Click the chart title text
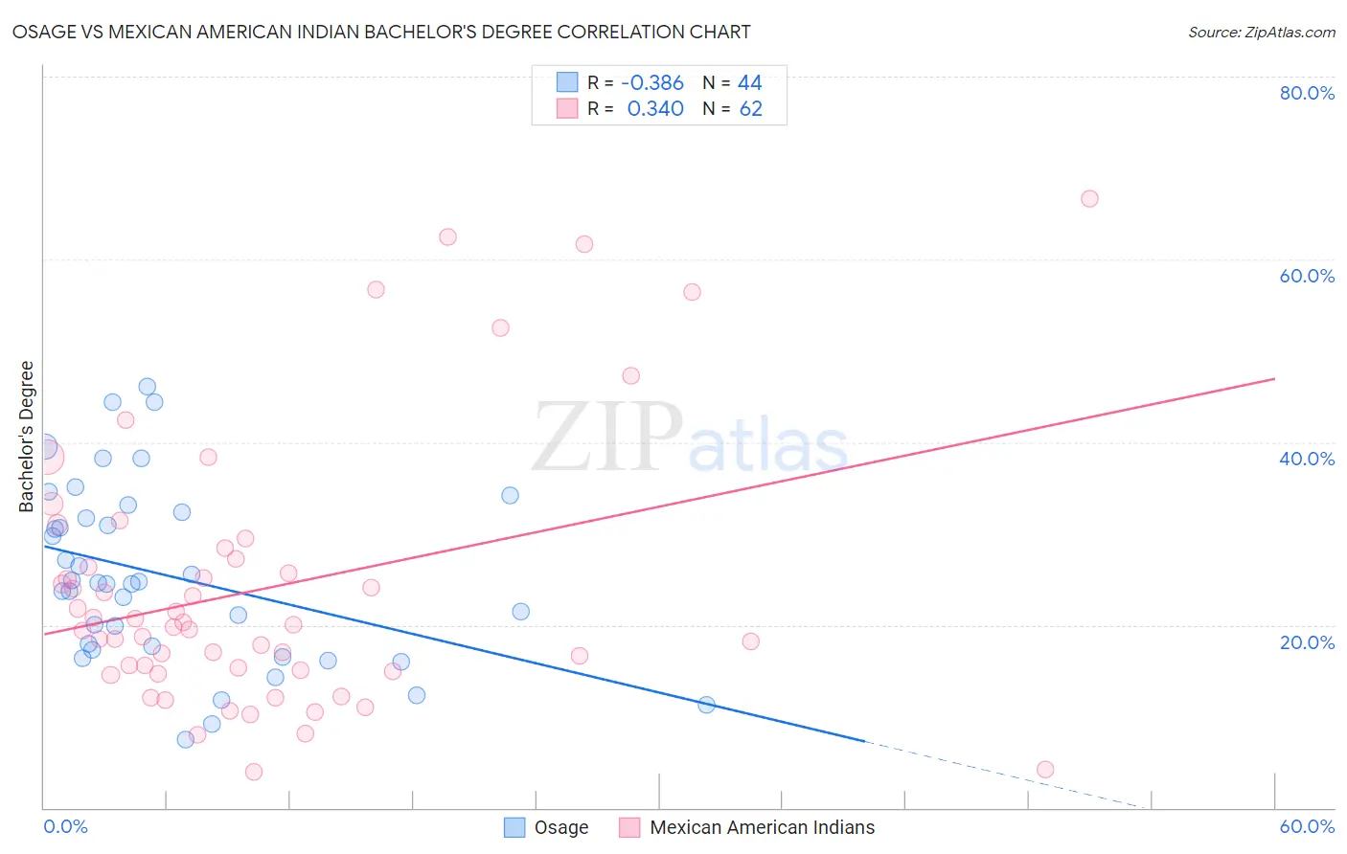point(381,32)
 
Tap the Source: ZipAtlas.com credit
point(1261,32)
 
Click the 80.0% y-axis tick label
point(1307,93)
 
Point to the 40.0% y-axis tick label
point(1307,459)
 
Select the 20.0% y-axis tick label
point(1307,641)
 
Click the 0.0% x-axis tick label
point(65,826)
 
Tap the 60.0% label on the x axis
point(1307,826)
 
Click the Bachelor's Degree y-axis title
point(27,436)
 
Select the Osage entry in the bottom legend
point(560,827)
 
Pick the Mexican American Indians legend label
point(762,827)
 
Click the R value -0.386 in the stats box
point(651,83)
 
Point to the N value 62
point(750,109)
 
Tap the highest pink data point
point(1089,199)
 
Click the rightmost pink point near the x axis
point(1045,770)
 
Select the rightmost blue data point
point(707,705)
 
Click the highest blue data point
point(148,387)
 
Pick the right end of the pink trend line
point(1273,379)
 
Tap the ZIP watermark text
point(607,438)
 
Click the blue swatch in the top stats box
point(567,83)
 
